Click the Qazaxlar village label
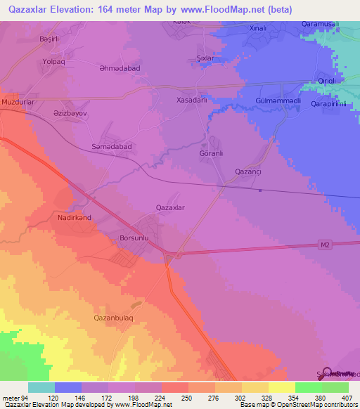(169, 207)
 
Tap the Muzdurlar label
(18, 102)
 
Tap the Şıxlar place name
(205, 59)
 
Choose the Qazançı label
(248, 171)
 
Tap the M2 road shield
(324, 244)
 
